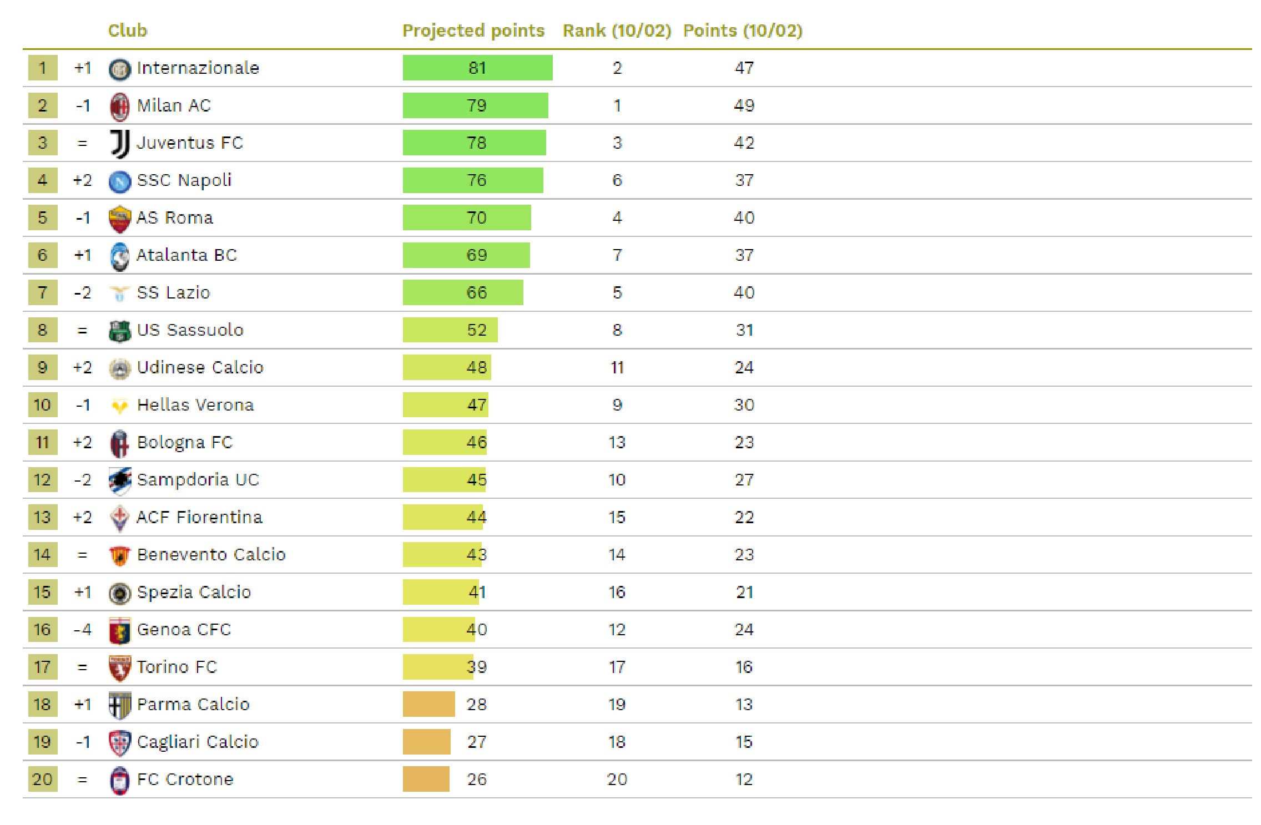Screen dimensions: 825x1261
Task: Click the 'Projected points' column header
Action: coord(473,31)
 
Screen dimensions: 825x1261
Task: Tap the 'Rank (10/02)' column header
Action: coord(617,31)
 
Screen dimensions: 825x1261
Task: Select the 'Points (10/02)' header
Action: coord(743,31)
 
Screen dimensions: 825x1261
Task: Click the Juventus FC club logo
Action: coord(120,144)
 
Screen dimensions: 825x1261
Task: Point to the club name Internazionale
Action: coord(198,68)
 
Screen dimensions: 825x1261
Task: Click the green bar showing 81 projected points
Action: coord(477,68)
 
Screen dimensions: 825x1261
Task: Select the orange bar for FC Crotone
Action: coord(426,779)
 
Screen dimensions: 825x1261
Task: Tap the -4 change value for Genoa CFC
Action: coord(82,630)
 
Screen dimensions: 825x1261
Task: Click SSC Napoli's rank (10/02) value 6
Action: coord(617,180)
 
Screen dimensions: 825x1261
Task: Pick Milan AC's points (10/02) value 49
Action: coord(744,105)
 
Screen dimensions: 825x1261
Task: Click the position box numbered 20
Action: coord(43,779)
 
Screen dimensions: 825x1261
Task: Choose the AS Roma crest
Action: coord(120,219)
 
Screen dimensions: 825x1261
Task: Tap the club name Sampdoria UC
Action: coord(198,480)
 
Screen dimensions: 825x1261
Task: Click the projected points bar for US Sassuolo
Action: coord(450,330)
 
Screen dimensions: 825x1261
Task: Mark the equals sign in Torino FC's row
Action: coord(82,667)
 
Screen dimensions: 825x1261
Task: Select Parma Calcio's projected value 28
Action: coord(476,705)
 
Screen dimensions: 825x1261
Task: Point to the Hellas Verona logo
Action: coord(120,406)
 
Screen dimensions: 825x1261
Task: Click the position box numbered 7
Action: coord(43,292)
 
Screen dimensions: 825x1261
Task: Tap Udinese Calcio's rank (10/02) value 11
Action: coord(617,368)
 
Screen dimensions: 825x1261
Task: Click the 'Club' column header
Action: coord(128,31)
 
